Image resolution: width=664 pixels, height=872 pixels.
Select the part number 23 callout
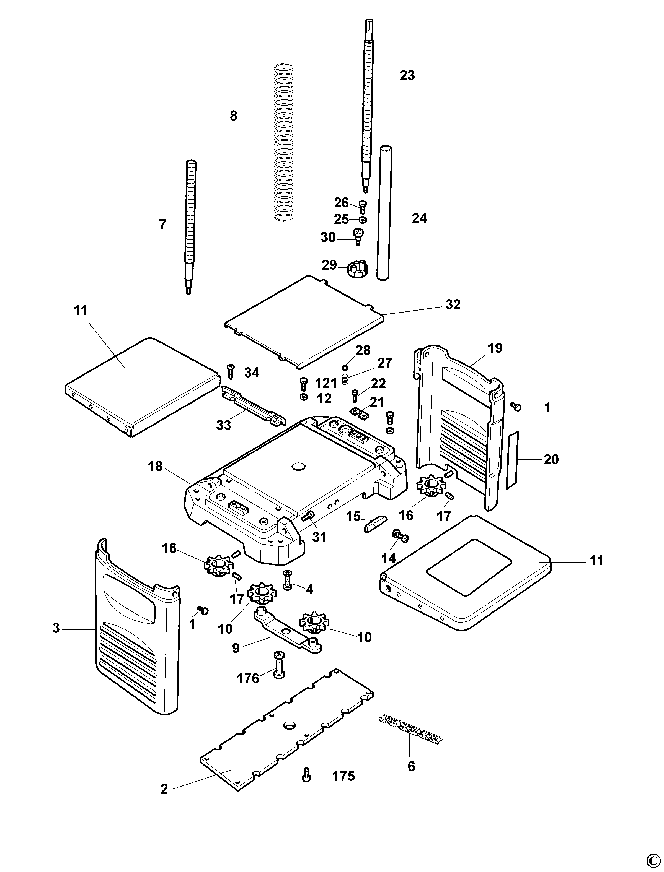[x=407, y=76]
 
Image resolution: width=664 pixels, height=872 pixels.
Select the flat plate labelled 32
[x=304, y=322]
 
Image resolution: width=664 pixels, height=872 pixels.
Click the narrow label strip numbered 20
[x=513, y=460]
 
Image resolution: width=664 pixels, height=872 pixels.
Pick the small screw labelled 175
[x=306, y=776]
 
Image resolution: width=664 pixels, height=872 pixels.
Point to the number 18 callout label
[x=155, y=466]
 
